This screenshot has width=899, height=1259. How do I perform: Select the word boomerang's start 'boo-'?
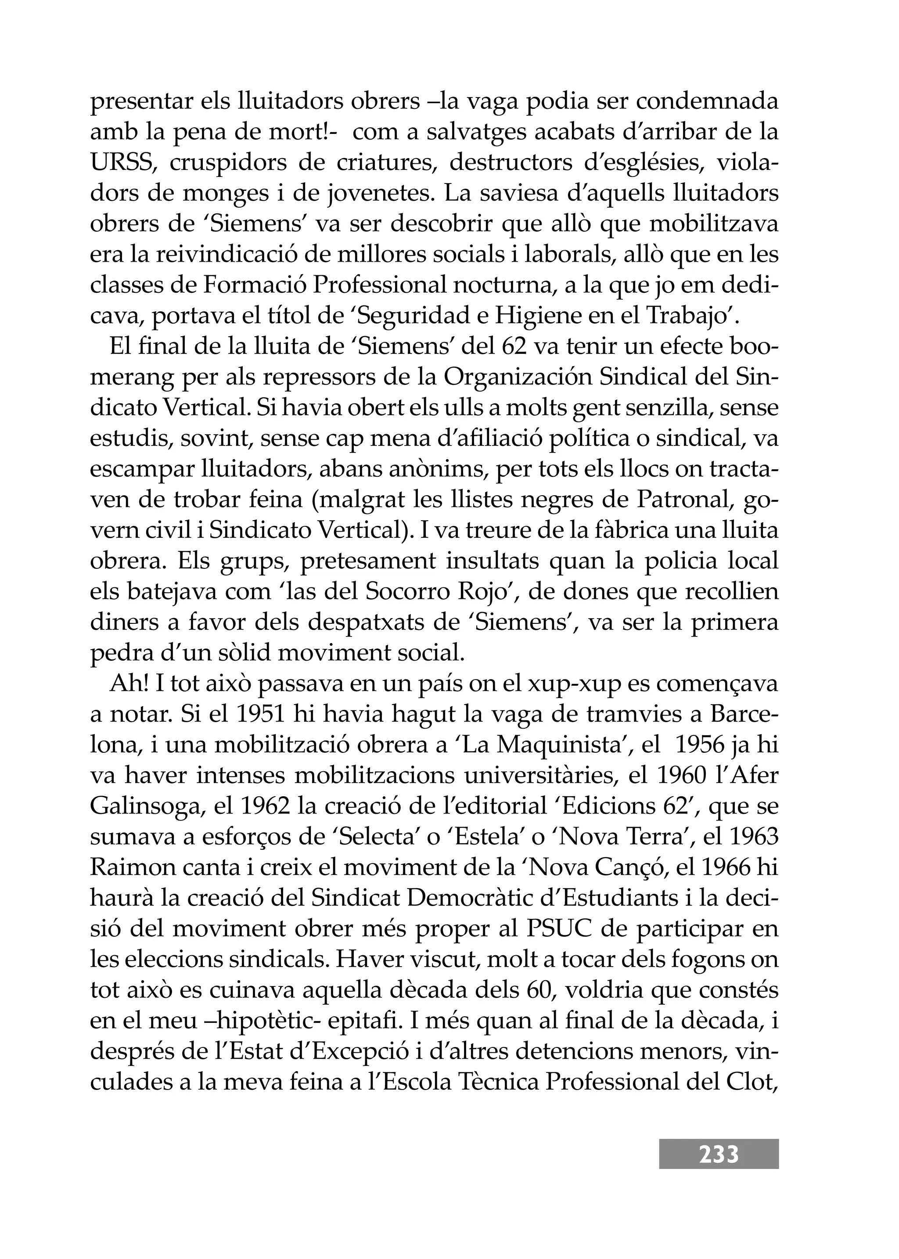tap(755, 347)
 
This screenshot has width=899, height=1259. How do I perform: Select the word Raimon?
tap(128, 867)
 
